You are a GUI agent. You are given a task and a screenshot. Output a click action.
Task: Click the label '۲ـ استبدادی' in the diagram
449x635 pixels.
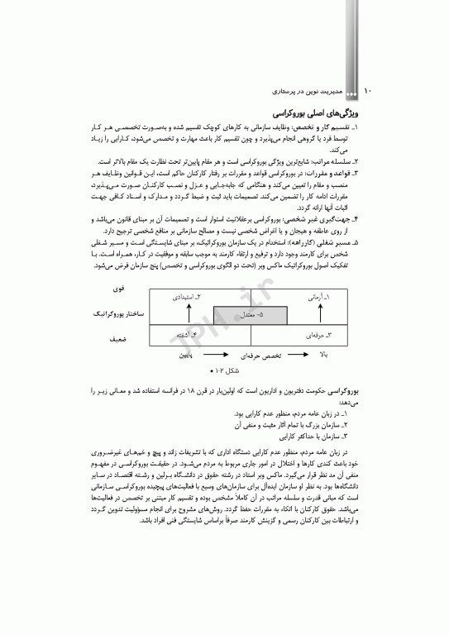pyautogui.click(x=188, y=295)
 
